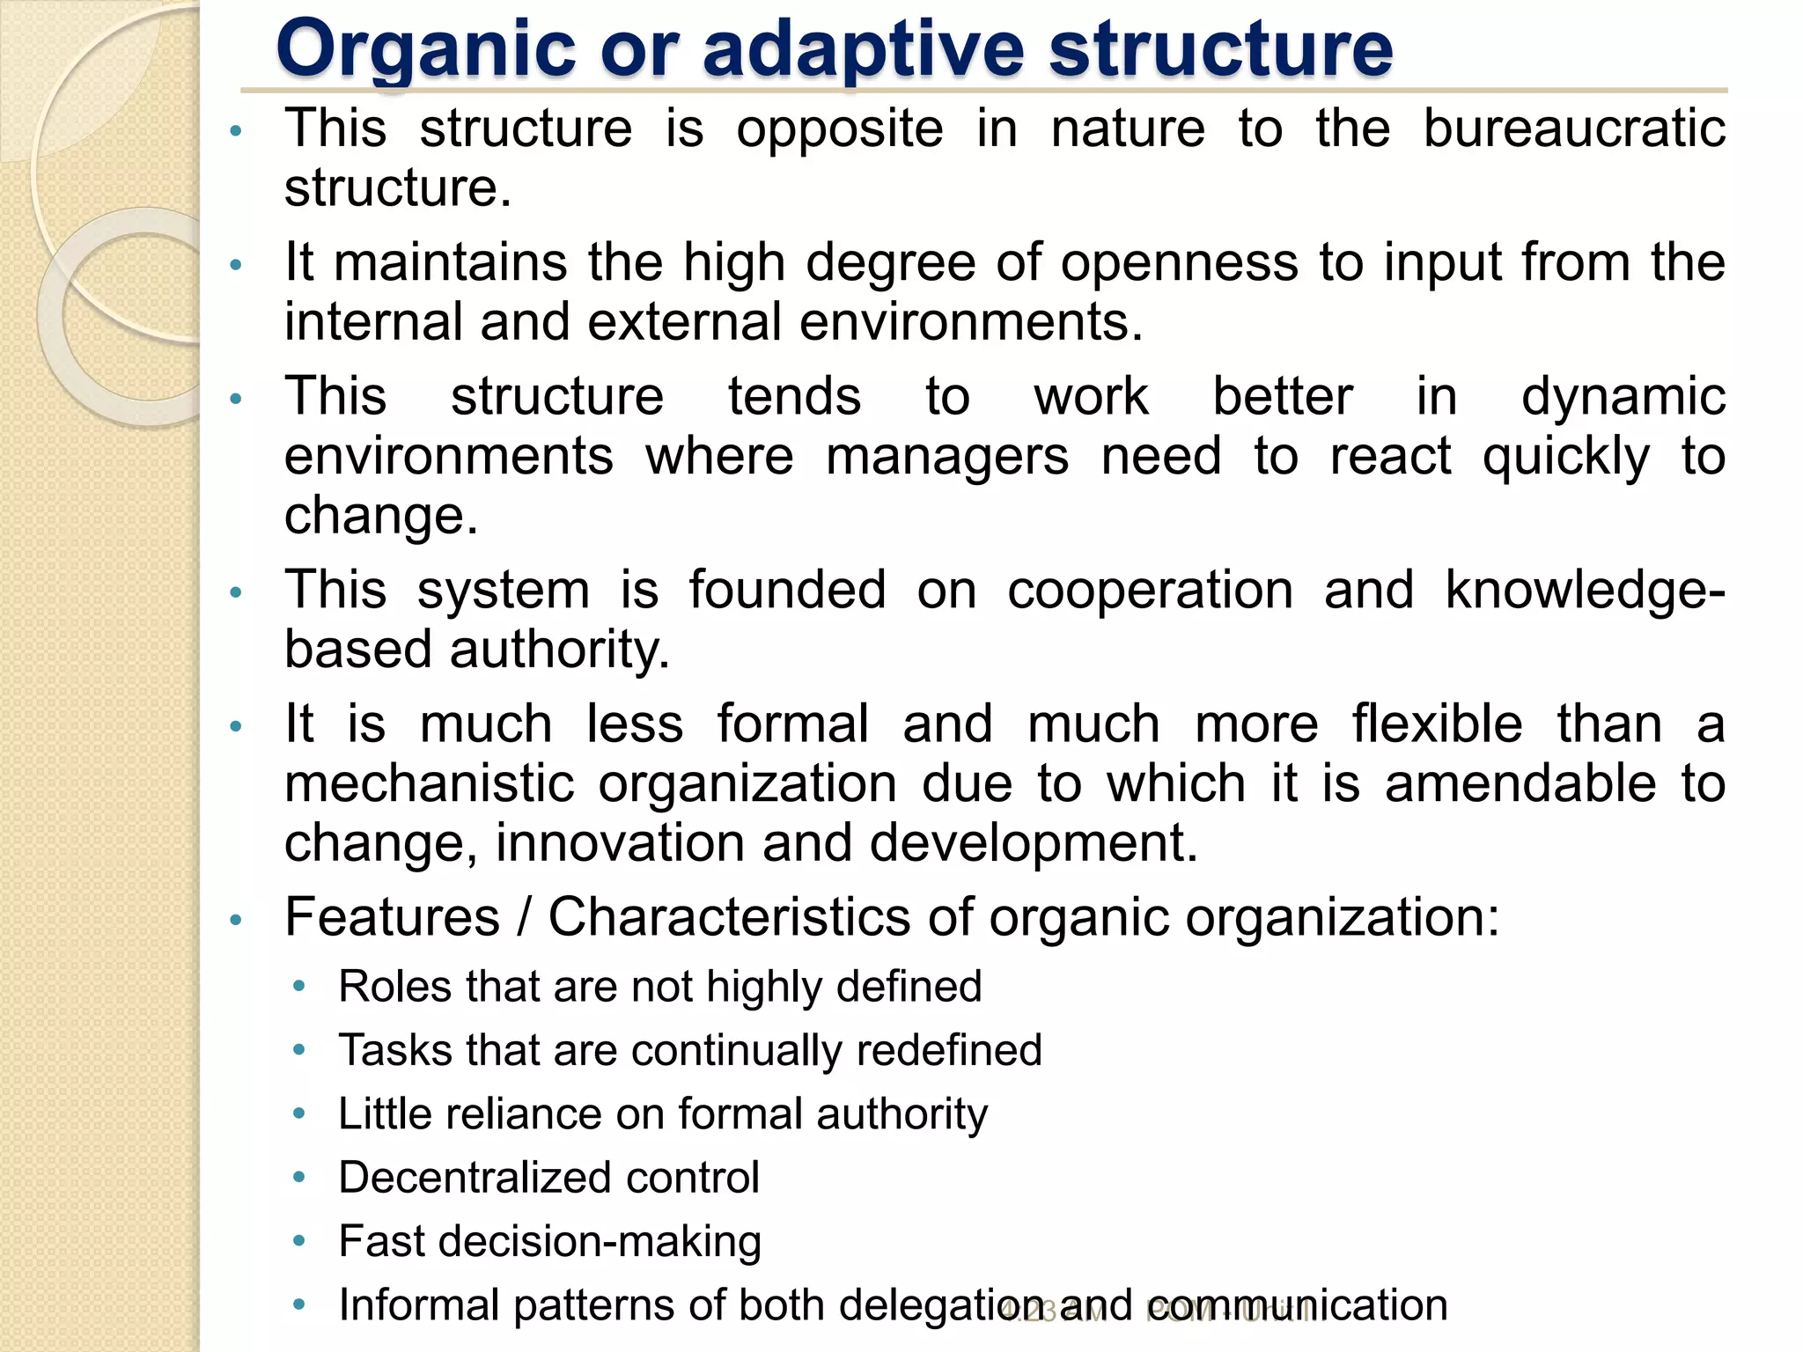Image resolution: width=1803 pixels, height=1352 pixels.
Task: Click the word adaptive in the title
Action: click(x=864, y=49)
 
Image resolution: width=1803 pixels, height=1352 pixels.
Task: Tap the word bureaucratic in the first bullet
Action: click(x=1574, y=129)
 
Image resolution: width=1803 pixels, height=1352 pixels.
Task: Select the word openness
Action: click(x=1179, y=262)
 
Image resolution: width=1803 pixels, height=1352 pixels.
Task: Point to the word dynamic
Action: click(x=1623, y=396)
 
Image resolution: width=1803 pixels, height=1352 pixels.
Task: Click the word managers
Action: click(x=947, y=456)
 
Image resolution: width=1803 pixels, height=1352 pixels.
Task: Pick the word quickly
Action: click(x=1566, y=458)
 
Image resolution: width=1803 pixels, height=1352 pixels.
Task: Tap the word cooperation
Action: click(x=1150, y=590)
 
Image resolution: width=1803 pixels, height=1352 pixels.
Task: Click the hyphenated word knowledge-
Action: click(x=1585, y=590)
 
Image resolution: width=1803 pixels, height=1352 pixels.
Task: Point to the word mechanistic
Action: click(x=430, y=783)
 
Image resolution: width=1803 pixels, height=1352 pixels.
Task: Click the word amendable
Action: click(x=1520, y=783)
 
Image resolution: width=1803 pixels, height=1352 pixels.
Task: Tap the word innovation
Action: click(x=621, y=843)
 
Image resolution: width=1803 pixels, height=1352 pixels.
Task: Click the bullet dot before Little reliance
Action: click(x=299, y=1114)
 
